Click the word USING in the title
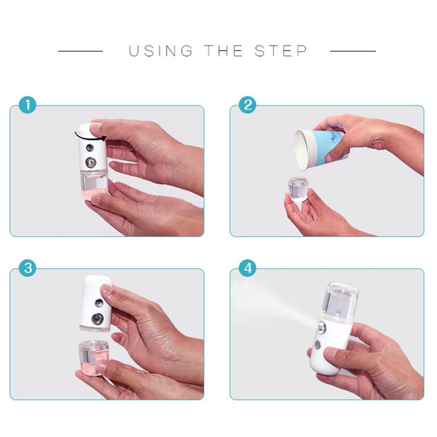[160, 51]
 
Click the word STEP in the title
[281, 51]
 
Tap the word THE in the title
[224, 51]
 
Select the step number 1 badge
[28, 106]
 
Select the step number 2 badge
[248, 106]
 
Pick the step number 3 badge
[28, 269]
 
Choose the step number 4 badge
[248, 269]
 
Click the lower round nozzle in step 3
[97, 319]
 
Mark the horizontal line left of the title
[80, 51]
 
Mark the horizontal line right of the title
[353, 51]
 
